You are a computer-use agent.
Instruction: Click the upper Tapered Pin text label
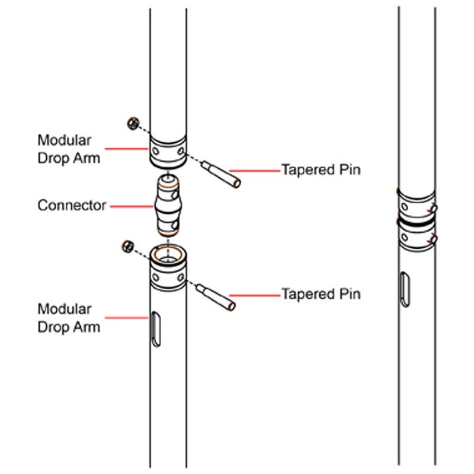point(321,169)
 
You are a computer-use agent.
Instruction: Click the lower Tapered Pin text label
point(321,294)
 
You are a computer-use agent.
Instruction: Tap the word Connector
point(72,206)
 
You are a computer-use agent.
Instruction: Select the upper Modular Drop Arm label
point(69,149)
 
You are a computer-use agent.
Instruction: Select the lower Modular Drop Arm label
point(69,318)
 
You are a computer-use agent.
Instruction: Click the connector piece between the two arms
point(168,206)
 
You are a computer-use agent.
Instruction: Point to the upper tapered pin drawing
point(221,174)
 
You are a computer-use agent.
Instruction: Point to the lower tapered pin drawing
point(216,297)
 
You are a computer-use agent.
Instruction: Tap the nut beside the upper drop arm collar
point(133,123)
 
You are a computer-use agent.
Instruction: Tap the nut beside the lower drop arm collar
point(127,246)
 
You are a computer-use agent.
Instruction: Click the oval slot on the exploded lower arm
point(156,329)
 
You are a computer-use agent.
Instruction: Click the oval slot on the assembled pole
point(405,290)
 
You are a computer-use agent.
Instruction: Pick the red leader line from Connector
point(132,206)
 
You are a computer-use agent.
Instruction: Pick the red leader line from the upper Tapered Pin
point(255,171)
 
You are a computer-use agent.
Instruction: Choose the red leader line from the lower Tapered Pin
point(255,295)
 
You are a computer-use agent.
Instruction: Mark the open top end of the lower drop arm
point(168,255)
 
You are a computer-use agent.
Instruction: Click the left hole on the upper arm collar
point(155,151)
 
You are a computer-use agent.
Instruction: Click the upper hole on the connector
point(175,195)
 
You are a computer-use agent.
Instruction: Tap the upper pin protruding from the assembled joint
point(433,209)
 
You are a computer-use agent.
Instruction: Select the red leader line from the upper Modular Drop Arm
point(126,149)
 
